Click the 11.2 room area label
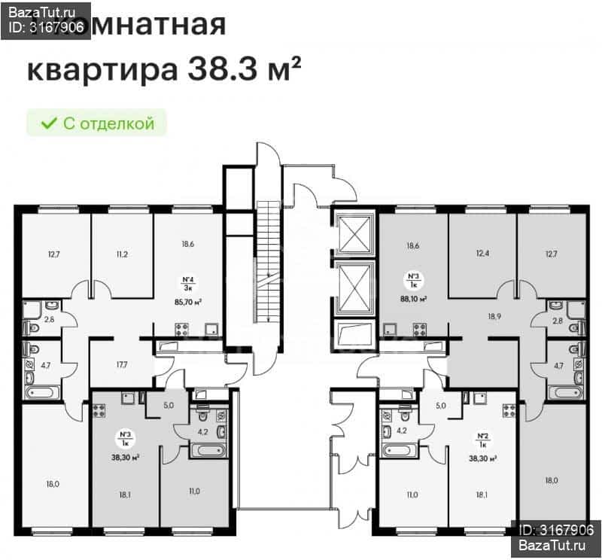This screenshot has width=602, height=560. coord(122,254)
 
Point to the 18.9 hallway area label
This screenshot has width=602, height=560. coord(494,316)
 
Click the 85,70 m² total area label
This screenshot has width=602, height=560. coord(187,301)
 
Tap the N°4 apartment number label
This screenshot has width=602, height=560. coord(187,278)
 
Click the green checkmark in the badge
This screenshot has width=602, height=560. coord(48,123)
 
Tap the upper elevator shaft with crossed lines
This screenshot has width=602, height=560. coord(354,233)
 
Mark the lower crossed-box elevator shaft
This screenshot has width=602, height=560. coord(354,287)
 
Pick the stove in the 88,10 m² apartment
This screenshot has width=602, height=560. coord(418,328)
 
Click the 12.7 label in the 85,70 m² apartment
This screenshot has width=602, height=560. coord(53,254)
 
